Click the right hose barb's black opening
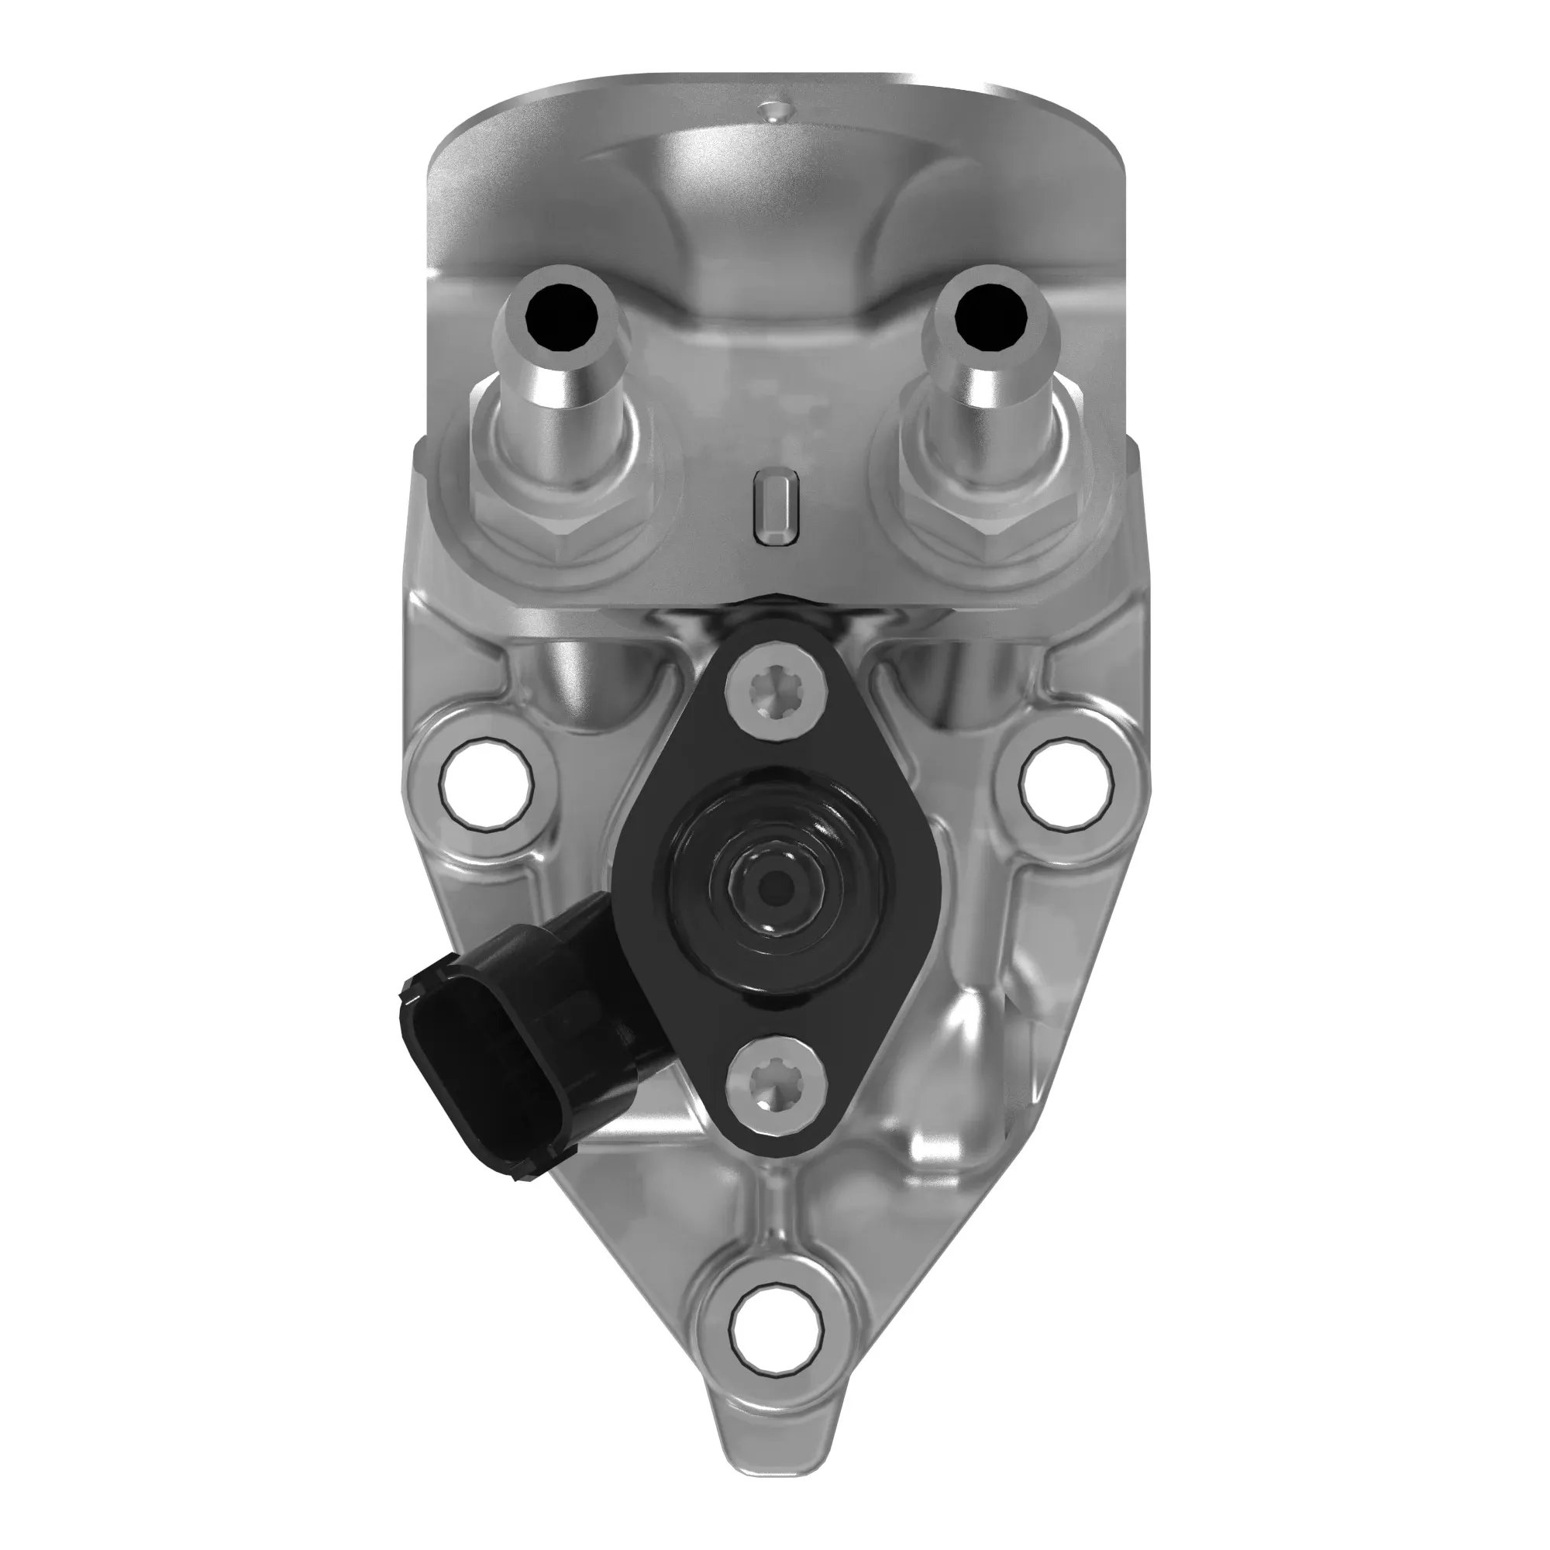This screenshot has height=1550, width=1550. click(x=992, y=318)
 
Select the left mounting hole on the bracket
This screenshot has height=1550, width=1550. click(x=487, y=780)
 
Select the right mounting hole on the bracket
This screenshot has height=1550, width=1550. click(x=1066, y=780)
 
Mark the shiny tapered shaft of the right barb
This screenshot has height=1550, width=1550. click(x=992, y=417)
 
